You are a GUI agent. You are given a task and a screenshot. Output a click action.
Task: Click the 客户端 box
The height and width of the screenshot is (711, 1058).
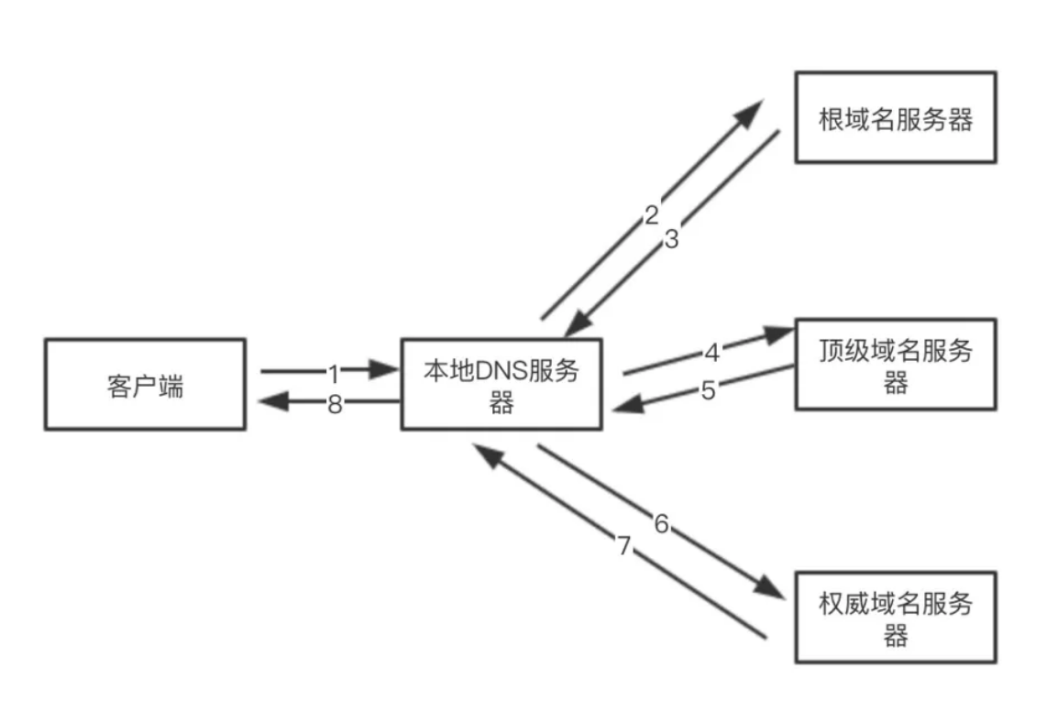145,384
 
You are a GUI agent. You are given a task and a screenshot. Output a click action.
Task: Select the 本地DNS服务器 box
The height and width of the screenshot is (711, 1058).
501,384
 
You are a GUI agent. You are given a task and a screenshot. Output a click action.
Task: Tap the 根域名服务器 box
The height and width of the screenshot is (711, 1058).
895,118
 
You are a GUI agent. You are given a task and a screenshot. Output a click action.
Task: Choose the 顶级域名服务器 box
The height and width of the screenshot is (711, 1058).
895,364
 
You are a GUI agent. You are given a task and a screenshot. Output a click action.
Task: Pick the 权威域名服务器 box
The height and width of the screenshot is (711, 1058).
895,617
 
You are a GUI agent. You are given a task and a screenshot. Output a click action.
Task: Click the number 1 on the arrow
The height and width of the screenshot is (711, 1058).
334,373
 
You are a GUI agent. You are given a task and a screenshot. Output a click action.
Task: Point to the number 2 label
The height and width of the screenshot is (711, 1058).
651,215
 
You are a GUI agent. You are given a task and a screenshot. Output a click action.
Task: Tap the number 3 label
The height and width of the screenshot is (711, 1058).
672,240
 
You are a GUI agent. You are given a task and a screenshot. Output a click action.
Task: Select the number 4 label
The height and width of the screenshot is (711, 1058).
711,351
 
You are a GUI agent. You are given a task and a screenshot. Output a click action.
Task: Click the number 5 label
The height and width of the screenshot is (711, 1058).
708,390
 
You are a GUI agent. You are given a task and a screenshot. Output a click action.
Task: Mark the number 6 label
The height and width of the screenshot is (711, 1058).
661,524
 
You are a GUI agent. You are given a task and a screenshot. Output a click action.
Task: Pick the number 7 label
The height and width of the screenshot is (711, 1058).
624,547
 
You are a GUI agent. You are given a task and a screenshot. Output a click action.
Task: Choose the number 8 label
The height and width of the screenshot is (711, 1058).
335,403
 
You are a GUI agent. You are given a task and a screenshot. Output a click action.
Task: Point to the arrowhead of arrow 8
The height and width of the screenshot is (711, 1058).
272,401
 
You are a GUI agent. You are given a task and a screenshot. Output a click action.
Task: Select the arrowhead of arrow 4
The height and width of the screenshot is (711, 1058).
781,334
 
